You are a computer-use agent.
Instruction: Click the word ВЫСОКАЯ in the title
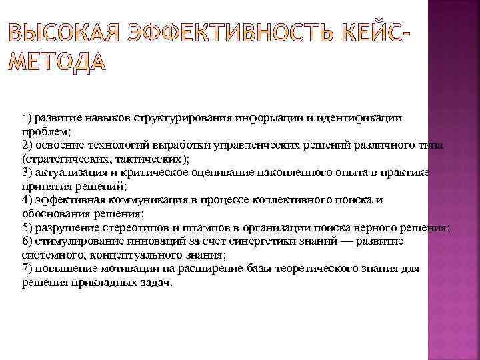click(61, 33)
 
